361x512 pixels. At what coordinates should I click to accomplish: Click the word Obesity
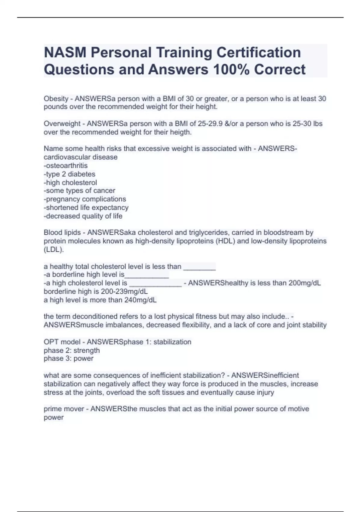point(56,98)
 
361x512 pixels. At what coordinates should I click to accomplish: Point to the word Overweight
point(62,124)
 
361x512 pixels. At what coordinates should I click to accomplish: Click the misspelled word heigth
point(180,132)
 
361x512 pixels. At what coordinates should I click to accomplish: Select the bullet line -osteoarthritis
point(66,166)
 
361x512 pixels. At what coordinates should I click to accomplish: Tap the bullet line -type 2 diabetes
point(69,174)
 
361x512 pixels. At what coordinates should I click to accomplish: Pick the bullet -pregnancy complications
point(85,199)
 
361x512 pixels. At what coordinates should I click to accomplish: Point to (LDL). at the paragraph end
point(54,249)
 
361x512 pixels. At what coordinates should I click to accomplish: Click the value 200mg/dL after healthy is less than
point(304,283)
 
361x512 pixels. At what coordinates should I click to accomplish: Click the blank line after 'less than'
point(199,267)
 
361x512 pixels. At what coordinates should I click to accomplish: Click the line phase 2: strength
point(72,350)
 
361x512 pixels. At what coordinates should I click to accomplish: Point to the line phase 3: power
point(69,358)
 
